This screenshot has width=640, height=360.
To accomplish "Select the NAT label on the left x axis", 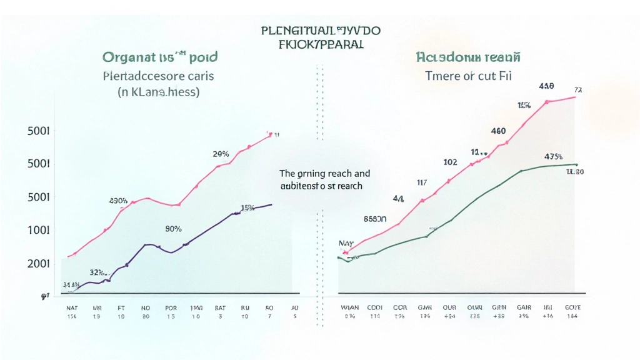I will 72,307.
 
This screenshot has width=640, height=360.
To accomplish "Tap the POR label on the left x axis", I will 171,307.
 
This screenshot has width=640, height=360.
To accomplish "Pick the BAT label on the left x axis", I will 219,307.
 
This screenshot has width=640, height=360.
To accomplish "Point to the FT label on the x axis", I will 121,307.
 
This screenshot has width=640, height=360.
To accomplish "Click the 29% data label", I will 221,154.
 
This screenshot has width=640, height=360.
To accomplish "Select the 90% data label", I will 173,229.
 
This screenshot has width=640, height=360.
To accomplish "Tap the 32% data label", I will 96,272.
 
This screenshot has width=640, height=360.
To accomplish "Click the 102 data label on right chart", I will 450,161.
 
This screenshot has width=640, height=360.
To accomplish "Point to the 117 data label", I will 421,182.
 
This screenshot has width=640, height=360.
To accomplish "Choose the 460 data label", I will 498,131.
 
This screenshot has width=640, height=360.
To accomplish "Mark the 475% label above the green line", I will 554,157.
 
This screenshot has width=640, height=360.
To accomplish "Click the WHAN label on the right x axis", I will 350,307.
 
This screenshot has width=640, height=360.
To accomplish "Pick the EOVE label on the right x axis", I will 572,307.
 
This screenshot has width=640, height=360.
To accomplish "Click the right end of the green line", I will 576,164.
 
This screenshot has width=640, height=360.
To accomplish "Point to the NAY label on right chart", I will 346,243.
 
